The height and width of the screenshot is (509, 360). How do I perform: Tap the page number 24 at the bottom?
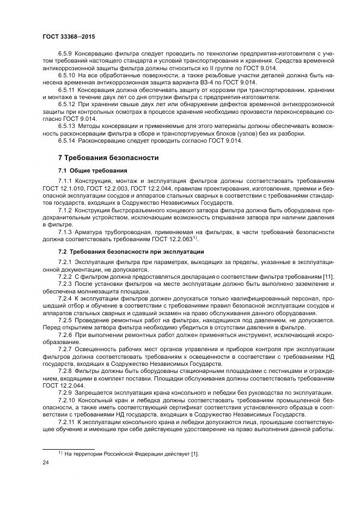[45, 462]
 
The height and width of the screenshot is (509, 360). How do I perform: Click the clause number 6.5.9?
[65, 53]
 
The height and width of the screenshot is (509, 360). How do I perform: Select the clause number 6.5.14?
[66, 141]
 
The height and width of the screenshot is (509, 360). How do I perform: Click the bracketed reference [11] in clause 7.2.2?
[328, 277]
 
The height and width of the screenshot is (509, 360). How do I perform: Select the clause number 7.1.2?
[65, 210]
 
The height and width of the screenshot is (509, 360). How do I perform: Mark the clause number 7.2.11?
[66, 422]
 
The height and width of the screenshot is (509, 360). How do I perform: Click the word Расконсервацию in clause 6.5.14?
[103, 141]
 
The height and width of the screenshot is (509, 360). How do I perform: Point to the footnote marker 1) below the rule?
[60, 452]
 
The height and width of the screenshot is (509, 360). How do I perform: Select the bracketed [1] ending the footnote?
[195, 453]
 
